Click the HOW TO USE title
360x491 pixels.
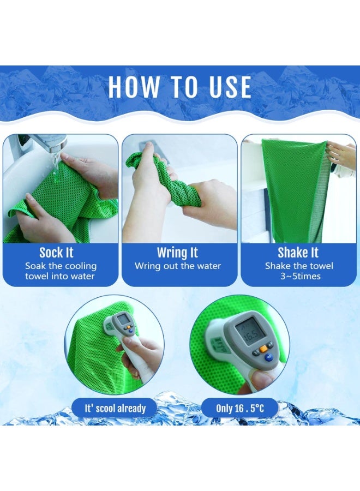[x=179, y=87]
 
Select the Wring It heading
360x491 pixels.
[x=177, y=253]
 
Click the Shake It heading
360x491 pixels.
[x=298, y=253]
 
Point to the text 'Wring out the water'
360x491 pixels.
[x=178, y=266]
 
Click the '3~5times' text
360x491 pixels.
[x=299, y=276]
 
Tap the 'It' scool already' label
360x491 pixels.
[x=115, y=408]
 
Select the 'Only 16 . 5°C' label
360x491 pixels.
[x=239, y=408]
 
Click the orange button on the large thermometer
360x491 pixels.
[x=263, y=348]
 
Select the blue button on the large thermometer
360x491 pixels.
[x=268, y=358]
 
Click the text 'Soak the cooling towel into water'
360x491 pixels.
[x=60, y=271]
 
